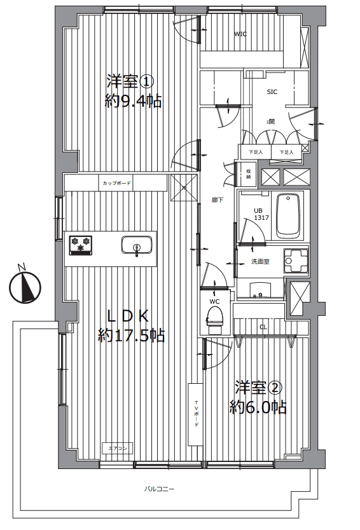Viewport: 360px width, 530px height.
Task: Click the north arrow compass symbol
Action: click(x=24, y=287)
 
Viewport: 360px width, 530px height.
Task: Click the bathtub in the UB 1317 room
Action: click(x=290, y=215)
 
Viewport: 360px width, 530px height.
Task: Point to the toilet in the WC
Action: click(x=216, y=318)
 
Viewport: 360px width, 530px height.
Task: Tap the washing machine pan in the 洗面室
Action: click(x=296, y=260)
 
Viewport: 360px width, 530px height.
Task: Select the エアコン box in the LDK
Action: click(x=118, y=449)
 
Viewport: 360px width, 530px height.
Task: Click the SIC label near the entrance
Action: click(x=272, y=92)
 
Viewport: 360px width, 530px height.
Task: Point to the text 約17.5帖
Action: click(x=131, y=335)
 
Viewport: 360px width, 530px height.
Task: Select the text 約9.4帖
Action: click(x=133, y=100)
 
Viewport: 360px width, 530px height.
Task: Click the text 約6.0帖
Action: click(x=258, y=407)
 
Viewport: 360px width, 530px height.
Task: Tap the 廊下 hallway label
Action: click(x=218, y=200)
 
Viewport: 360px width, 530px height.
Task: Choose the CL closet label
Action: click(x=263, y=327)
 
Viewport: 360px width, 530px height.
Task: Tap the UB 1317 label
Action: click(x=262, y=214)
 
